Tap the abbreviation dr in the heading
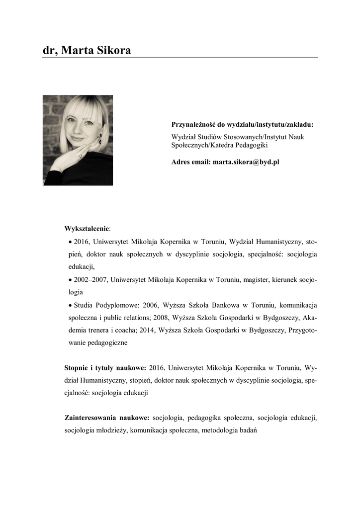[49, 50]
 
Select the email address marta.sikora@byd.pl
[246, 162]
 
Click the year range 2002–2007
[90, 280]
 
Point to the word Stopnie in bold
[77, 368]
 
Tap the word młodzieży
[110, 430]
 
